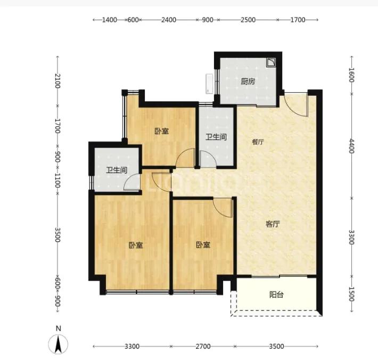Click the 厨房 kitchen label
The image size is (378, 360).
(248, 81)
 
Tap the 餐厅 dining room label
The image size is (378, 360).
(258, 142)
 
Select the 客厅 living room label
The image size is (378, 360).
(273, 224)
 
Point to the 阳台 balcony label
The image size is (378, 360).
(276, 294)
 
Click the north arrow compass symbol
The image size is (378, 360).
(58, 345)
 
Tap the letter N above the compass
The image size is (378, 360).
(59, 329)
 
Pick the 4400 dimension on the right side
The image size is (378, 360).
(351, 146)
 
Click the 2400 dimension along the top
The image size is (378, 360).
(169, 20)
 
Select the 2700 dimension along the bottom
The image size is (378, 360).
(203, 347)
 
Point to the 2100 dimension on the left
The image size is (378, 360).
(57, 81)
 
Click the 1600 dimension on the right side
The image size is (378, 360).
(351, 75)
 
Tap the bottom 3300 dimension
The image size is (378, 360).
(132, 347)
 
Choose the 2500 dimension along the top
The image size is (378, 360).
(248, 20)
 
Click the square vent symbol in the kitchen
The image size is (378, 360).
(271, 62)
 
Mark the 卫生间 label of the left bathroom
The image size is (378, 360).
(117, 170)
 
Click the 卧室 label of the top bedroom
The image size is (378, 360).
(162, 131)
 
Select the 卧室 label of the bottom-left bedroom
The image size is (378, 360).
(136, 245)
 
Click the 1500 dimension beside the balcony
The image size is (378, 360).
(351, 294)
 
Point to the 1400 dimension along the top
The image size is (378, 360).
(110, 20)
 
